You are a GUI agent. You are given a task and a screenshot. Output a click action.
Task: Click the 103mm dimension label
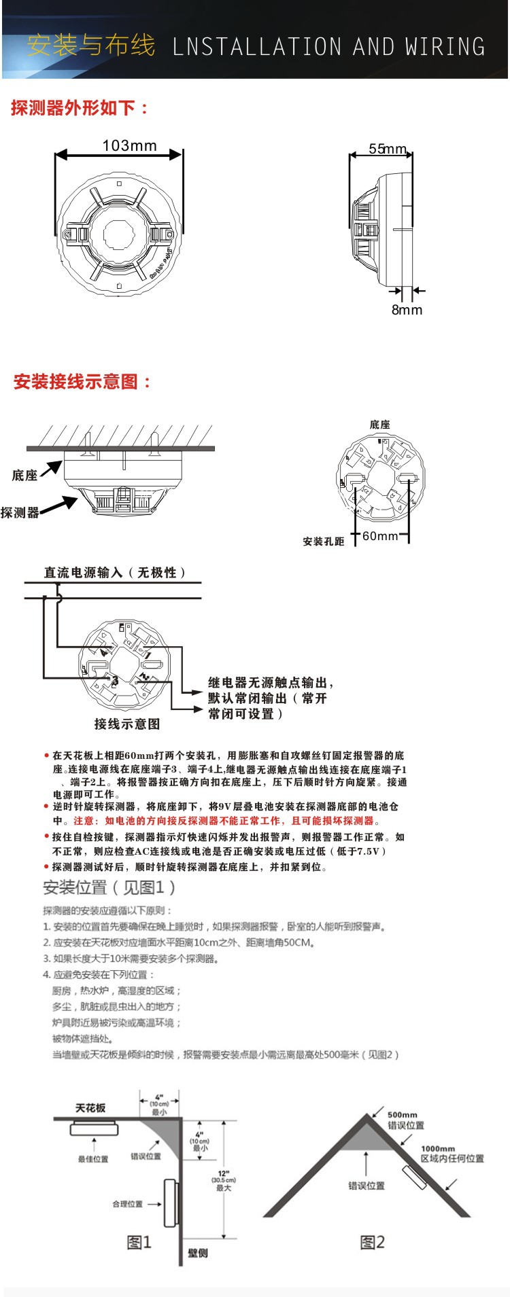pyautogui.click(x=129, y=145)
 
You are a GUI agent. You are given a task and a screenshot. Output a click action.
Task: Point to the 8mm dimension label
pyautogui.click(x=407, y=310)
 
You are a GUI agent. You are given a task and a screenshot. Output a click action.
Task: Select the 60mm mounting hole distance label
pyautogui.click(x=380, y=536)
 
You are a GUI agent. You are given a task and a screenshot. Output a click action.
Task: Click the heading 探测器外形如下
pyautogui.click(x=80, y=108)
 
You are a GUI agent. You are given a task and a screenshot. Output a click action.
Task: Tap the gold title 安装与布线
pyautogui.click(x=91, y=46)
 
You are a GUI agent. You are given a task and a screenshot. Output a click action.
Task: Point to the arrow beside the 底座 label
pyautogui.click(x=51, y=469)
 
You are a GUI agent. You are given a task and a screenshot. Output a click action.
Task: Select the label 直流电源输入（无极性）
pyautogui.click(x=116, y=573)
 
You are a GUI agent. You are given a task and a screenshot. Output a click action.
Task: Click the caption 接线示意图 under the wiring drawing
pyautogui.click(x=127, y=724)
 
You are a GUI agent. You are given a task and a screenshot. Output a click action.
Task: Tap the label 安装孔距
pyautogui.click(x=324, y=541)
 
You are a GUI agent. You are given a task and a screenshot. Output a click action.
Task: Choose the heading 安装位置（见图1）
pyautogui.click(x=109, y=887)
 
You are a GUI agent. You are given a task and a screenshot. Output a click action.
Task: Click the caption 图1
pyautogui.click(x=139, y=1243)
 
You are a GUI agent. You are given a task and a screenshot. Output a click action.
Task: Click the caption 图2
pyautogui.click(x=372, y=1243)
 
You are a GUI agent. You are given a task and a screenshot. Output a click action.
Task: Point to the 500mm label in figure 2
pyautogui.click(x=403, y=1115)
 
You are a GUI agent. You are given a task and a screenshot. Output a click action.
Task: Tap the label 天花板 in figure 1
pyautogui.click(x=90, y=1108)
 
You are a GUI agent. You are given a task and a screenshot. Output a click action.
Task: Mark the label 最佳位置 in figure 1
pyautogui.click(x=93, y=1159)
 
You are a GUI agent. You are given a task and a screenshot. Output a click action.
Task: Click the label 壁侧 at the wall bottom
pyautogui.click(x=198, y=1253)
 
